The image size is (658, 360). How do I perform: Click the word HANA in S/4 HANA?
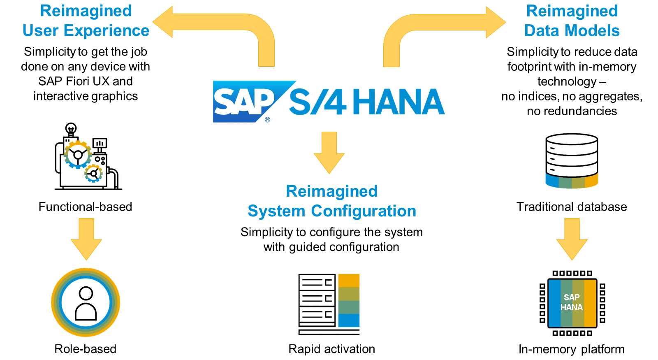click(398, 102)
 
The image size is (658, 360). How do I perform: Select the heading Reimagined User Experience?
click(86, 21)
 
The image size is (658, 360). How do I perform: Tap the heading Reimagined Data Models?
click(572, 21)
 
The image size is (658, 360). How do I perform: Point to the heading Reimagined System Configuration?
click(332, 201)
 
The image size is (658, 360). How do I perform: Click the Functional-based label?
click(85, 207)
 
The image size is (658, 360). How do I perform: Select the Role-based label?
click(85, 349)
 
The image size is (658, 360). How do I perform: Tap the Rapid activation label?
click(331, 349)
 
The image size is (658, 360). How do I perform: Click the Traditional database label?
click(572, 207)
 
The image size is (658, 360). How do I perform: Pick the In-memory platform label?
click(572, 349)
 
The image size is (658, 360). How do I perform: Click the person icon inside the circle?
click(86, 303)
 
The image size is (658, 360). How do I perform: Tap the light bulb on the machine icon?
click(71, 128)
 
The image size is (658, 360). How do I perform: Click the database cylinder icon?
click(572, 160)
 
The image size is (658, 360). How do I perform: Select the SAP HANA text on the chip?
click(572, 302)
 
